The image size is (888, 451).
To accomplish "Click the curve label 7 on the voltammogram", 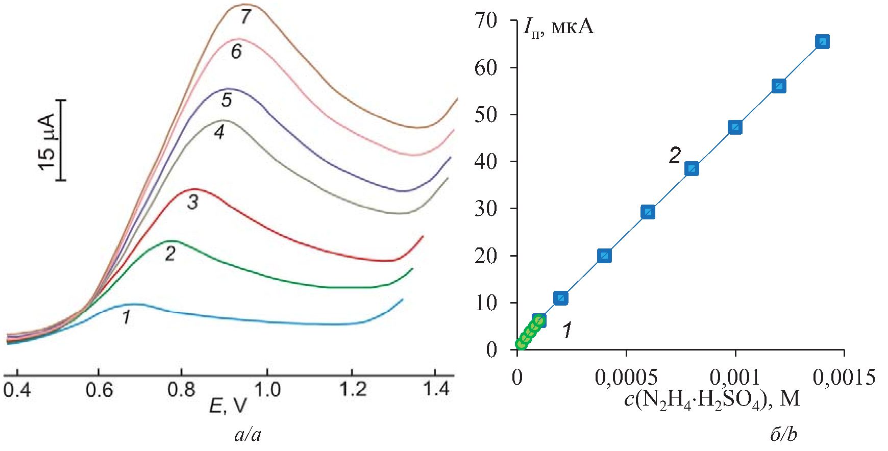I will tap(246, 17).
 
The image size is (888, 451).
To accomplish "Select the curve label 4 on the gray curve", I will tap(219, 133).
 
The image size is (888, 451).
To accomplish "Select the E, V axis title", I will tap(228, 406).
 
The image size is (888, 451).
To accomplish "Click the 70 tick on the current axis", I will tap(485, 21).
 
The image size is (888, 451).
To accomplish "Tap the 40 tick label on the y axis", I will tap(485, 162).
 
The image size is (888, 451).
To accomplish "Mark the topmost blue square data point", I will tap(822, 42).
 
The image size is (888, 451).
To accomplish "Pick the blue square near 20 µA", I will tap(604, 256).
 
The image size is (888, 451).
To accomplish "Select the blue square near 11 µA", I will tap(561, 298).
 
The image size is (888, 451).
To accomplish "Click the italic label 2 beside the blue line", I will tap(675, 156).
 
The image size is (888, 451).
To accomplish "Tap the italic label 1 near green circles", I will tap(566, 331).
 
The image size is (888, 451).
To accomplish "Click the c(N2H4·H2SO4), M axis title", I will tap(712, 398).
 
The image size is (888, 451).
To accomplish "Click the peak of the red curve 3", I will tap(194, 189).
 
